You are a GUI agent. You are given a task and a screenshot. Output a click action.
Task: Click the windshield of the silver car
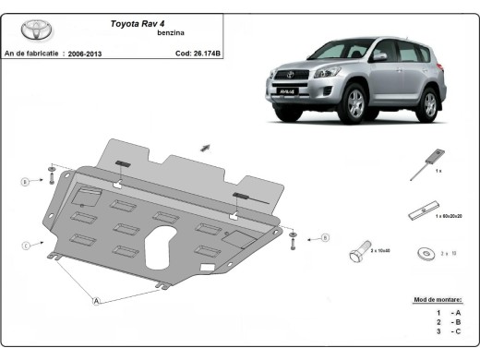click(341, 50)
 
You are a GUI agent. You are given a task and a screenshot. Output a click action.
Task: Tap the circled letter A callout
click(96, 299)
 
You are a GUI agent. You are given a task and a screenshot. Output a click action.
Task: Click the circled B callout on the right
click(325, 238)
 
